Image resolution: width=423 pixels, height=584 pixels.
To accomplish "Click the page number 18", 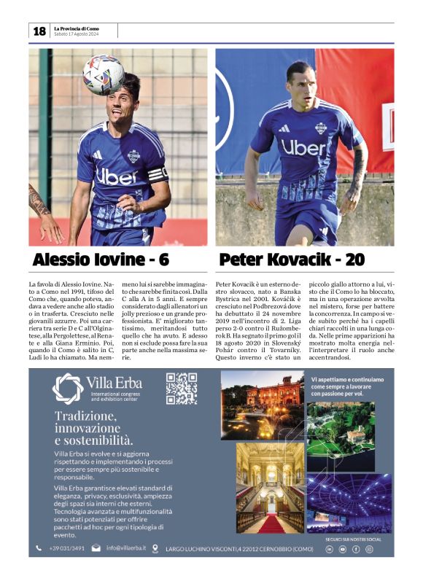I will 39,31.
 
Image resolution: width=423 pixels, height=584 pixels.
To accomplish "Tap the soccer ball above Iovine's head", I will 103,74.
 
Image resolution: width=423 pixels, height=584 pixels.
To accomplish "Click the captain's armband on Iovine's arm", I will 158,174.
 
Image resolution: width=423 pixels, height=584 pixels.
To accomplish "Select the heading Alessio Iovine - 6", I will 101,260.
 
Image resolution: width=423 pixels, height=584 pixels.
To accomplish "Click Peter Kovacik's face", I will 300,82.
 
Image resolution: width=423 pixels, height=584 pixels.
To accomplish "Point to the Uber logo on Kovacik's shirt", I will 304,148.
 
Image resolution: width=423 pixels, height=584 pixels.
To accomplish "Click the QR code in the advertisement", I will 181,388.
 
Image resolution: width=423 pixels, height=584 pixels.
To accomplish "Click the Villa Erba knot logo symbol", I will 67,388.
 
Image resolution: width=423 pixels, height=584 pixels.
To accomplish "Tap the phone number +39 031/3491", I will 66,548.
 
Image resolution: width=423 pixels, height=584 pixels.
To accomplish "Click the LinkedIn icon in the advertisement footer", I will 329,549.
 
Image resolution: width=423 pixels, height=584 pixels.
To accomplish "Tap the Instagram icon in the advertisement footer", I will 369,549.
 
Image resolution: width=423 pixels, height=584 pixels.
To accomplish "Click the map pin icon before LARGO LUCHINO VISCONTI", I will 155,548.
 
